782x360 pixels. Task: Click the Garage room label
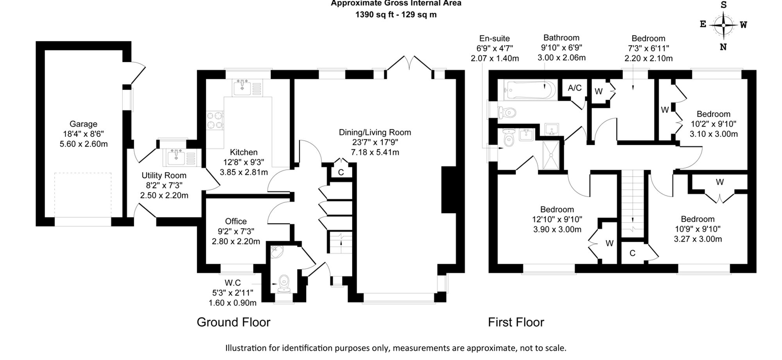point(83,124)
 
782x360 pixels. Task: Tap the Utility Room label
point(164,176)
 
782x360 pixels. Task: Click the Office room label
point(236,221)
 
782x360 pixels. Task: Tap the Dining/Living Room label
point(375,133)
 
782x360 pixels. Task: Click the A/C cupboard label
point(574,88)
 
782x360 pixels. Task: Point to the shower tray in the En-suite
point(551,155)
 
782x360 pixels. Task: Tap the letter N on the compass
point(723,47)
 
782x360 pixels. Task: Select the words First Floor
point(516,322)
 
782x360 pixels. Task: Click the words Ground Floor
point(233,322)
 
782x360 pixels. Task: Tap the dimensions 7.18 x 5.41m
point(375,152)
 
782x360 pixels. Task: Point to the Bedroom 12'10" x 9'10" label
point(557,219)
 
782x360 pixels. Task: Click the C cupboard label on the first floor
point(632,253)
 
